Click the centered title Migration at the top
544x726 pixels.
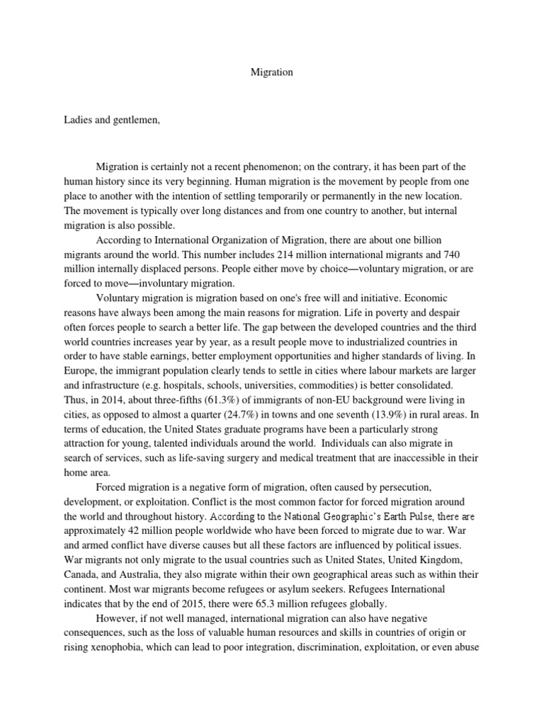[x=272, y=72]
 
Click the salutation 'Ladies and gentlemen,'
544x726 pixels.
[x=113, y=120]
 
